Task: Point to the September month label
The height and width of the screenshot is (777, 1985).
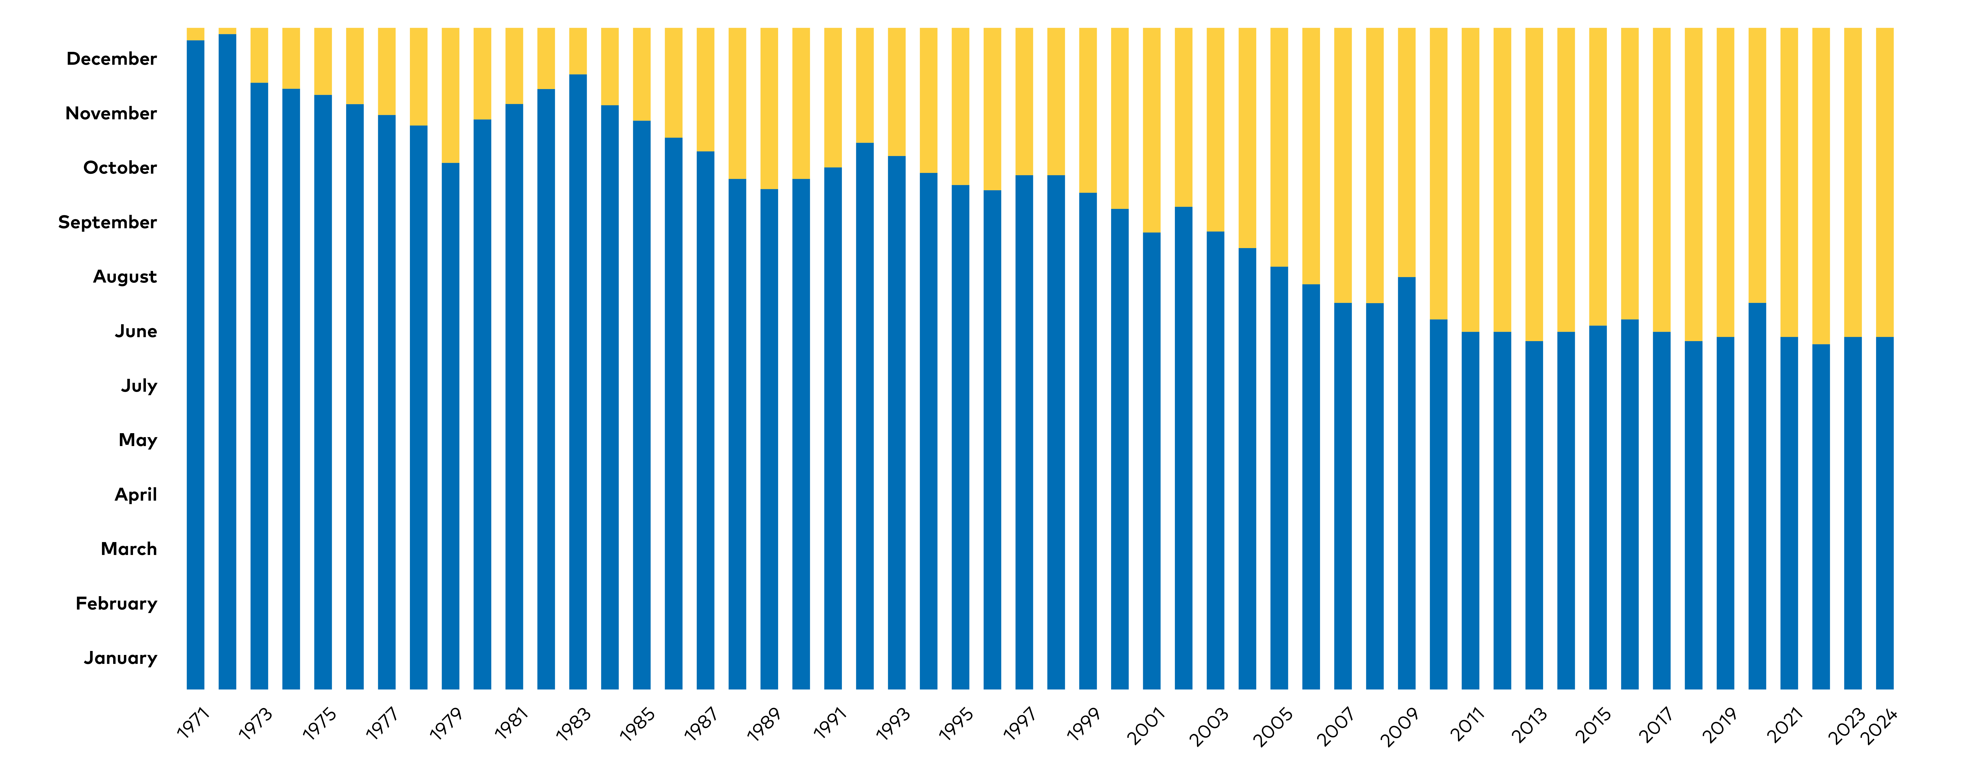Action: [x=107, y=223]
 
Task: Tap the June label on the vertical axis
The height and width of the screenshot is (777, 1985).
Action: [x=136, y=331]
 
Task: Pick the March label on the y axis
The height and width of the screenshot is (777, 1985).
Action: [x=129, y=549]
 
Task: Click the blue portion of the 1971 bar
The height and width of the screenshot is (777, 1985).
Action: [x=196, y=364]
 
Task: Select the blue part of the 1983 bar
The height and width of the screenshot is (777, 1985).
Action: [x=578, y=382]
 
